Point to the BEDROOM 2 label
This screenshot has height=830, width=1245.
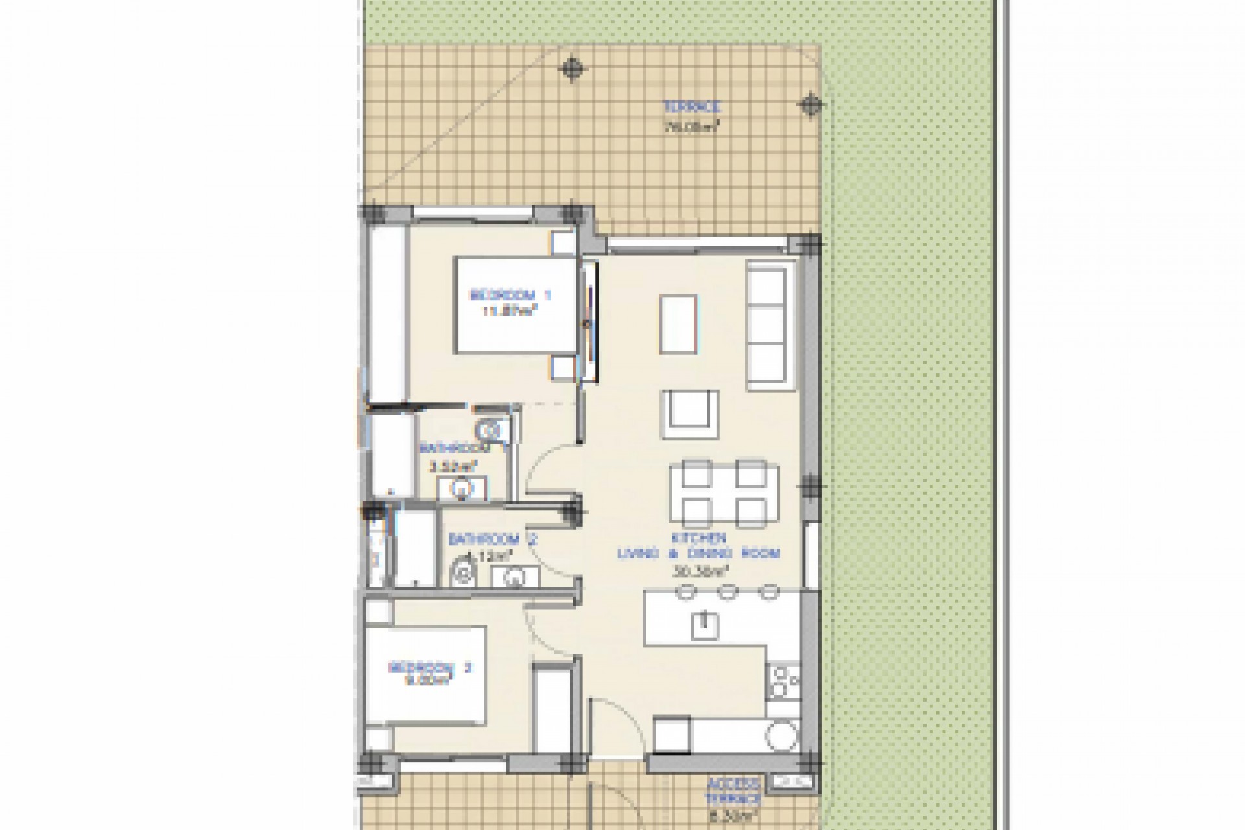(431, 668)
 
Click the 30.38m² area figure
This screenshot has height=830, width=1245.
(698, 572)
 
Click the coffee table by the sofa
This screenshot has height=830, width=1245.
(679, 324)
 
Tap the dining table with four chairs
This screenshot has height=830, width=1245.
(724, 493)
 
